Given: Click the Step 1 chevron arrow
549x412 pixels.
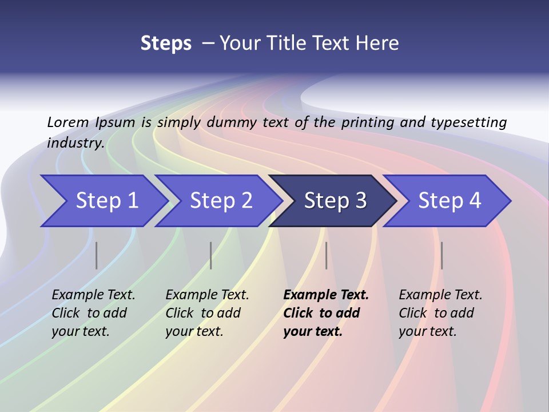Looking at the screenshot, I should [x=106, y=201].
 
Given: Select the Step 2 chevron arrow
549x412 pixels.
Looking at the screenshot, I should [x=220, y=201].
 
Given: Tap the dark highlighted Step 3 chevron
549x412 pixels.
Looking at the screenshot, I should [x=335, y=201].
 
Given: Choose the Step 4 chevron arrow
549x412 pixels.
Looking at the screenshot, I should [x=449, y=201].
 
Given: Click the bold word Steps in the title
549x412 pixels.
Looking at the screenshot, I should [x=166, y=43].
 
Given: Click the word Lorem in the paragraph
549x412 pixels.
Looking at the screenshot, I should [x=68, y=122].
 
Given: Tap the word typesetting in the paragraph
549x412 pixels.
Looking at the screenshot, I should [x=468, y=122].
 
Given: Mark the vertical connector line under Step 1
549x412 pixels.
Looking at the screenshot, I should [x=97, y=255].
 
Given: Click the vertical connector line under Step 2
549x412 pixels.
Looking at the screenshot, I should [x=211, y=255].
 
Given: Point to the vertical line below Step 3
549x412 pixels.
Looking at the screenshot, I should [x=327, y=255].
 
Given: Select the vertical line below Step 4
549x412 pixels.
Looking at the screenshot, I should [x=442, y=255].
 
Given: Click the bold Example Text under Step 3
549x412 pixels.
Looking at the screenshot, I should [x=326, y=295].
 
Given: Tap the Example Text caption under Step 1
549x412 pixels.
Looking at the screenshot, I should [x=93, y=295].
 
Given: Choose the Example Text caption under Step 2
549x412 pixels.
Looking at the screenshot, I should [x=207, y=295].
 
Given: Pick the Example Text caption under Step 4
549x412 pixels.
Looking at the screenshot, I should [x=440, y=295].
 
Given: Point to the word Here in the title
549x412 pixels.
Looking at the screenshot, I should [x=379, y=43].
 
